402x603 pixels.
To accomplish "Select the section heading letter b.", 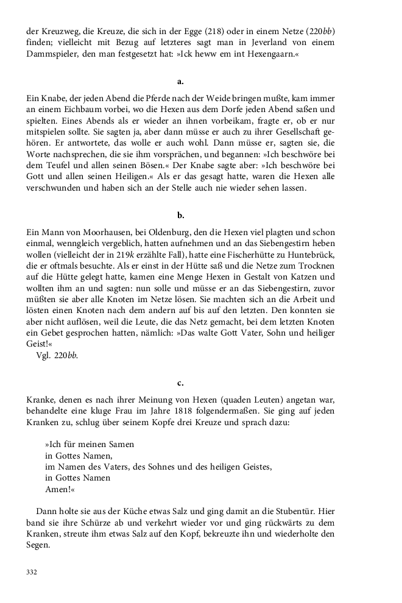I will point(180,215).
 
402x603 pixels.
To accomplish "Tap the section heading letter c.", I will point(180,383).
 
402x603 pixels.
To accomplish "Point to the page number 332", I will point(32,572).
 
